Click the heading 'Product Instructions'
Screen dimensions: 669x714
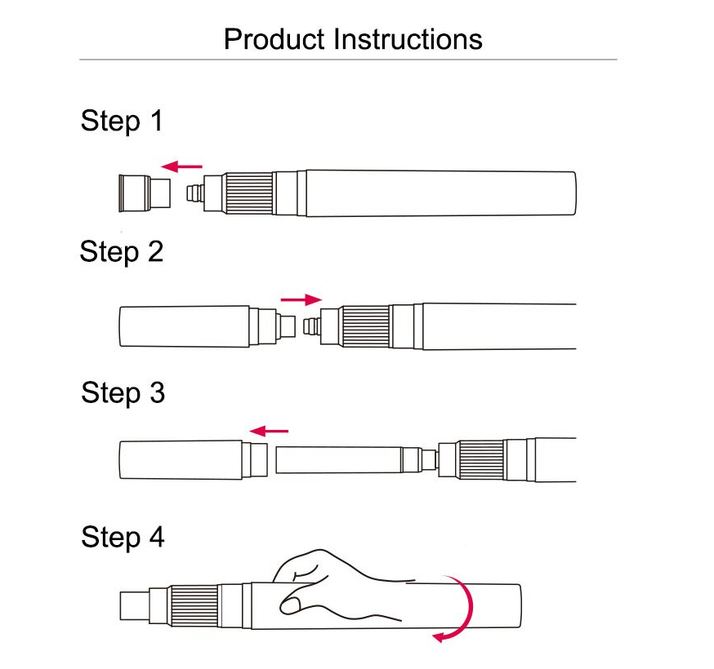click(x=353, y=39)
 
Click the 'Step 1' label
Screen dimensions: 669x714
click(x=122, y=122)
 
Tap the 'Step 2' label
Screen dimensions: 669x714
click(x=122, y=251)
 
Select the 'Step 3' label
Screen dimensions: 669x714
click(x=123, y=393)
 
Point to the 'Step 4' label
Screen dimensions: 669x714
click(x=123, y=538)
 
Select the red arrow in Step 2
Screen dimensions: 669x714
click(x=301, y=299)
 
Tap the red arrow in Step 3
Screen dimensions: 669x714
click(x=269, y=430)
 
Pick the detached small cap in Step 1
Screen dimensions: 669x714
click(x=144, y=193)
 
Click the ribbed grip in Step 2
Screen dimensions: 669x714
click(x=365, y=326)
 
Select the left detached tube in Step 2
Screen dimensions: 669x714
click(x=184, y=326)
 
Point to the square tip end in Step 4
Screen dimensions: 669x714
click(x=135, y=607)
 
